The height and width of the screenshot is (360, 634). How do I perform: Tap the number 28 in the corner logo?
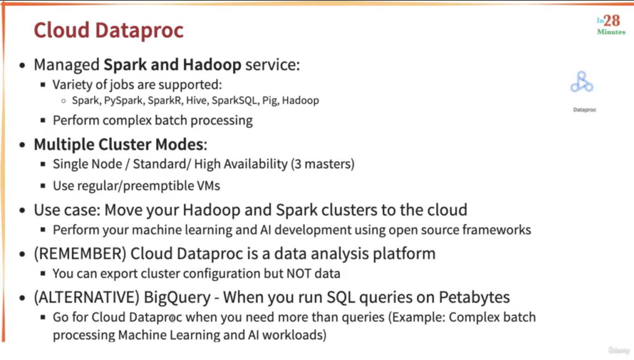612,21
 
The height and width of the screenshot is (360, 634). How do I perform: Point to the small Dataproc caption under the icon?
584,110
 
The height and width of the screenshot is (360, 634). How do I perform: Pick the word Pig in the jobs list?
271,101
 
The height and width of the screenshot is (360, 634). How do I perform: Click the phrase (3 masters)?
323,164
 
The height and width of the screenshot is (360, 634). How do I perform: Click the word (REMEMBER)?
80,254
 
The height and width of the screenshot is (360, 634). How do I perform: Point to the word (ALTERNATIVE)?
87,298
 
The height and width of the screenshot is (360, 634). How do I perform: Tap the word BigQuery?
177,298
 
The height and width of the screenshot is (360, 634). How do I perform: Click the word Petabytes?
474,298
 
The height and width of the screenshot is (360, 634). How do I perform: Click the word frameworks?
497,230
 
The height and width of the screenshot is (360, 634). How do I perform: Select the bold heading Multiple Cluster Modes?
121,145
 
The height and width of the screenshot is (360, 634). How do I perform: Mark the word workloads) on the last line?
294,335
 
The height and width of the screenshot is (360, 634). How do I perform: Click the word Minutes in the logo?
611,32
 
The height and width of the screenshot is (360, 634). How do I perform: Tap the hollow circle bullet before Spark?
64,101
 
